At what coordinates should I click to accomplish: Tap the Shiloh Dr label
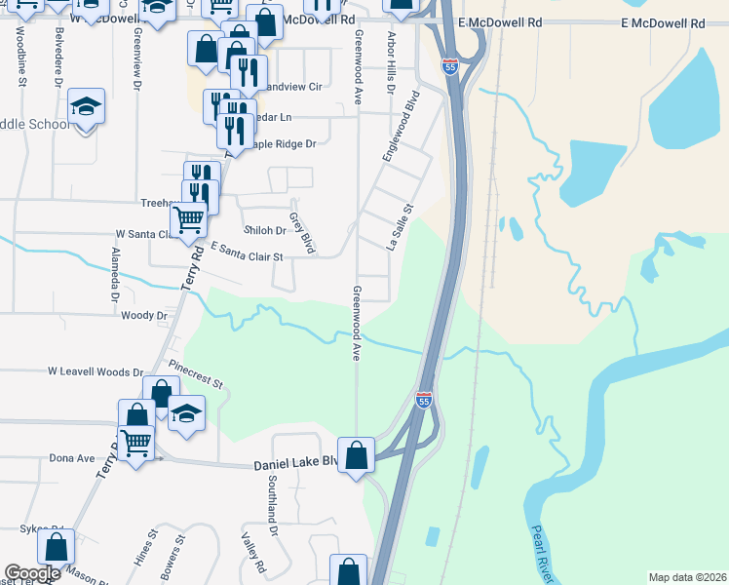[264, 230]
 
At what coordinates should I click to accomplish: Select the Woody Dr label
[144, 315]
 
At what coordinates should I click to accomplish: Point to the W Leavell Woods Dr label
[96, 371]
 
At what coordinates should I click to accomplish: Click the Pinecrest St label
[196, 375]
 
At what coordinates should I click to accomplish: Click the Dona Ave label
[72, 457]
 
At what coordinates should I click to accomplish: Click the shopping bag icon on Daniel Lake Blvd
[357, 454]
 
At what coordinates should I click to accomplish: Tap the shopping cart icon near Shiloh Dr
[188, 219]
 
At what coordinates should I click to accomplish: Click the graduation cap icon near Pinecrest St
[186, 412]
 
